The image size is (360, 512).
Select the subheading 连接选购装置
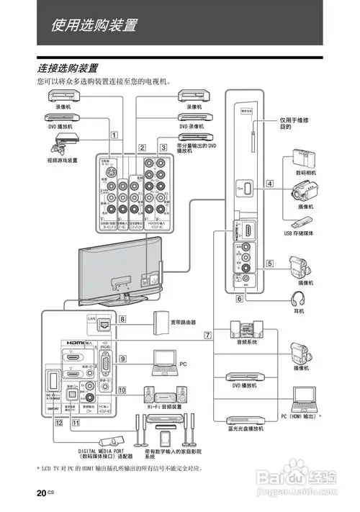[x=68, y=68]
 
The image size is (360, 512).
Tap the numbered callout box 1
[x=114, y=134]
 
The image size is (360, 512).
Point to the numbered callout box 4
[x=269, y=184]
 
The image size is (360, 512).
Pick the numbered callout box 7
[x=208, y=335]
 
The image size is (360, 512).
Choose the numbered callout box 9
[x=123, y=358]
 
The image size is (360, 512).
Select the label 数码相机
[x=306, y=173]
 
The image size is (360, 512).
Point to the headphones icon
[x=296, y=298]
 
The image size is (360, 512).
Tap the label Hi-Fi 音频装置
[x=162, y=407]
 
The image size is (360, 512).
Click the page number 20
[x=42, y=492]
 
